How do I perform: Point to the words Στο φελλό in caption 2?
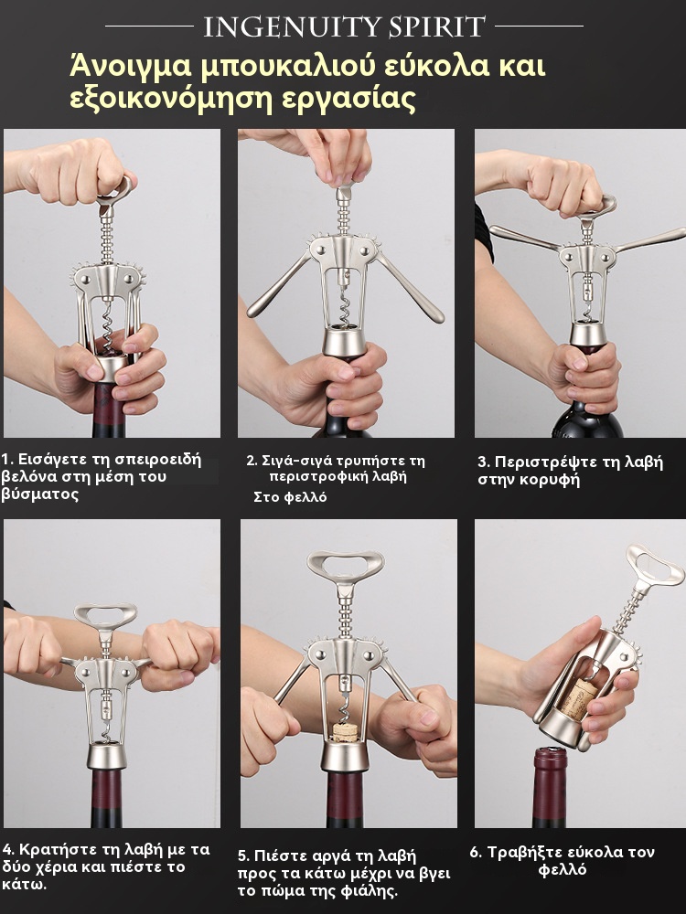(x=291, y=497)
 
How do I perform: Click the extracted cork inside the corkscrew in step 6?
(x=579, y=695)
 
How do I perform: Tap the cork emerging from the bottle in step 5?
(x=346, y=732)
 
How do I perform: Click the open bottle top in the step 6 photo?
(x=551, y=756)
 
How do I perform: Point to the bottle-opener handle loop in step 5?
(x=346, y=564)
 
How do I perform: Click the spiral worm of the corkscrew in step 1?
(x=109, y=326)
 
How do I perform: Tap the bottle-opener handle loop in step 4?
(x=105, y=615)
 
